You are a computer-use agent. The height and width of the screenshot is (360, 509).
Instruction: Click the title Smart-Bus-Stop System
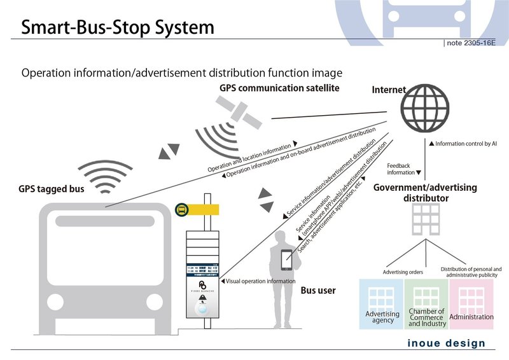click(x=118, y=28)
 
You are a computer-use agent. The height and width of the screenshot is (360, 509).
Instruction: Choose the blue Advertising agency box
click(x=382, y=303)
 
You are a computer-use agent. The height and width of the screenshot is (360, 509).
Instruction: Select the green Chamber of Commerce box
click(x=426, y=303)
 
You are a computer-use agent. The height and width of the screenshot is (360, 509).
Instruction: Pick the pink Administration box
click(x=471, y=303)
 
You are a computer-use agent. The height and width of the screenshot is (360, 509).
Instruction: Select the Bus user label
click(x=317, y=291)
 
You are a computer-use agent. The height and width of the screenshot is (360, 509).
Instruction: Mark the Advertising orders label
click(x=402, y=272)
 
